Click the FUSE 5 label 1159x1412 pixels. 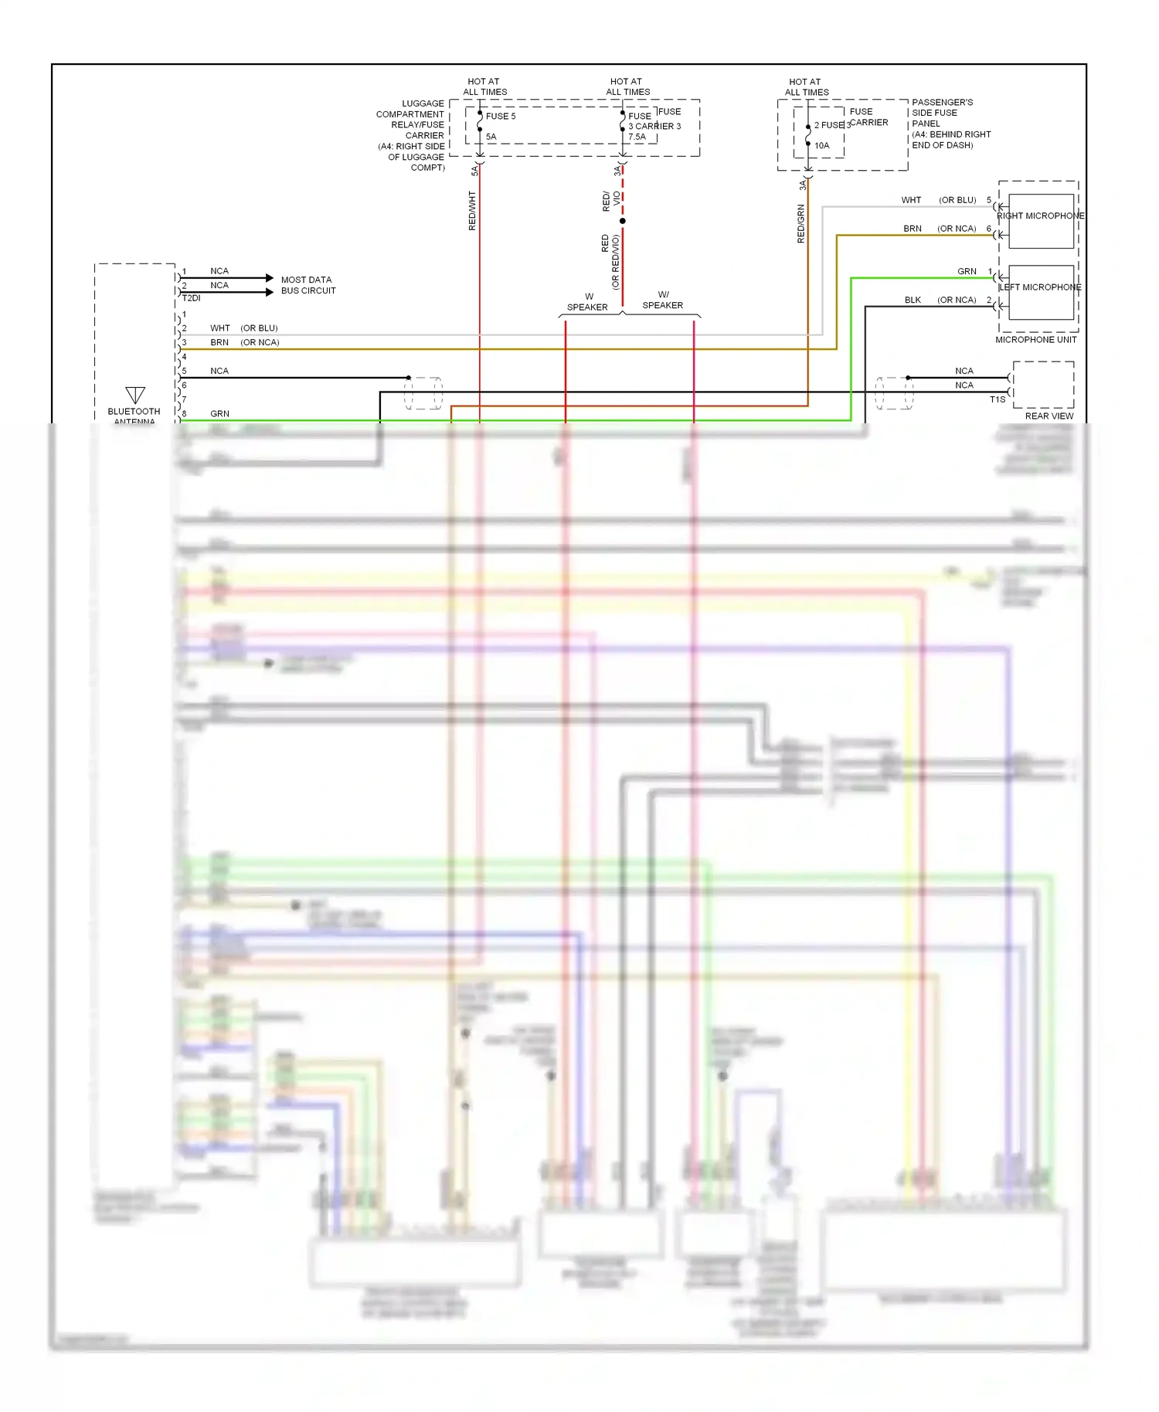500,117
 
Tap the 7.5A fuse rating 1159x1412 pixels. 637,137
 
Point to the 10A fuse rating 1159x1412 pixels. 821,145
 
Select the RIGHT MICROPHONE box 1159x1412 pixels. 1041,220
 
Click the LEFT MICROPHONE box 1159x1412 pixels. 1041,292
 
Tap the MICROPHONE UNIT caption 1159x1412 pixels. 1035,340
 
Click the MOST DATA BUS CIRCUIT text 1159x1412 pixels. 308,285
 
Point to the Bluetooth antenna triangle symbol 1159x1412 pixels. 135,395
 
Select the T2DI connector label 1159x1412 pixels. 191,298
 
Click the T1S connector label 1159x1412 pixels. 998,399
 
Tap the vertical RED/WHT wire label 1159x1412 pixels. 472,211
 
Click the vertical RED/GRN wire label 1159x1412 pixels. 800,224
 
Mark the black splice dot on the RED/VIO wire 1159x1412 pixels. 623,221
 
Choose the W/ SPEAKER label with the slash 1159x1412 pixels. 663,300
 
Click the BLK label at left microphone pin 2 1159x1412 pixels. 913,300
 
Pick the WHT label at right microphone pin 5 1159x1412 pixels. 911,200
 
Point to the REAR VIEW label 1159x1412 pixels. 1049,416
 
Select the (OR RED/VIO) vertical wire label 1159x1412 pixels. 615,262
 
